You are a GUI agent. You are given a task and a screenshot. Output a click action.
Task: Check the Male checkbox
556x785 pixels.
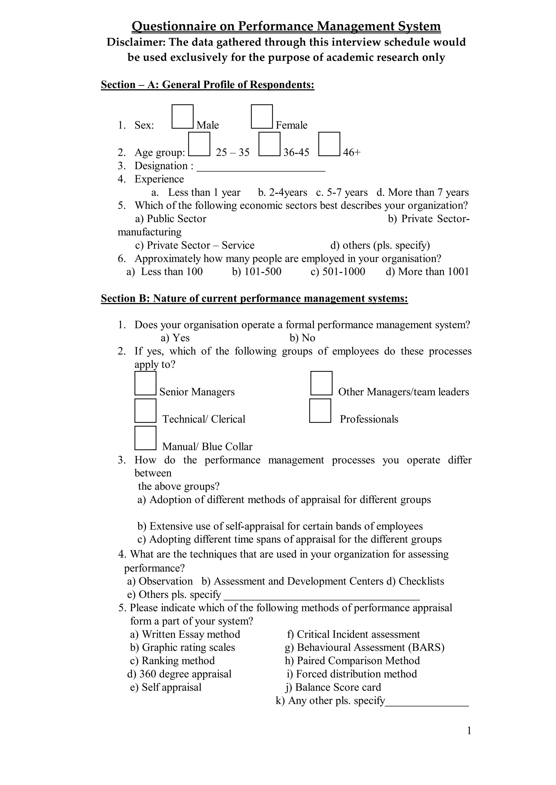point(182,117)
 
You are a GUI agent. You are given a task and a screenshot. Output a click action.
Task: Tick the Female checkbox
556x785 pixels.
point(262,117)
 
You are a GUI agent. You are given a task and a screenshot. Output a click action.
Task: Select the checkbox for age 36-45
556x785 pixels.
point(269,144)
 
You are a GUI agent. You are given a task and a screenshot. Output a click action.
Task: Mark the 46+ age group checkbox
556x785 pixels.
point(329,144)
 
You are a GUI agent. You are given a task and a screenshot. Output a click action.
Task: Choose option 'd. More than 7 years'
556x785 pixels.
point(422,192)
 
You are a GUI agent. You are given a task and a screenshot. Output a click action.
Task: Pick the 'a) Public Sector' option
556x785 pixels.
point(171,219)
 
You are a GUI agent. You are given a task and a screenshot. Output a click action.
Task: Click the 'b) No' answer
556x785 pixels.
point(302,338)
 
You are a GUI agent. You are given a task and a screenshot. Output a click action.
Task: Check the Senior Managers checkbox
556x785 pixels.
point(146,383)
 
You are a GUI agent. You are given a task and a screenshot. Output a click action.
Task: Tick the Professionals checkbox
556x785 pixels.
point(320,411)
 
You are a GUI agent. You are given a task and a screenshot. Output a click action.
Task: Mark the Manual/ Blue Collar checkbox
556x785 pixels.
point(146,438)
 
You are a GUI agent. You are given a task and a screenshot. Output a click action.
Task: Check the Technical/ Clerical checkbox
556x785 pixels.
point(146,411)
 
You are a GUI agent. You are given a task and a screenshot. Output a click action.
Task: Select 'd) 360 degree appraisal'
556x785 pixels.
point(179,674)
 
